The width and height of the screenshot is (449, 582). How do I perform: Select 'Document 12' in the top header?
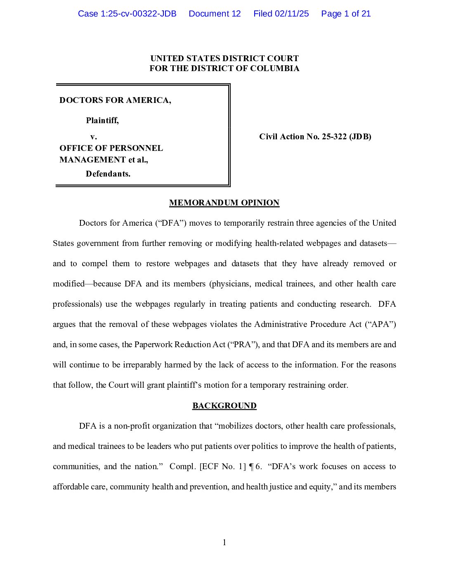(x=215, y=14)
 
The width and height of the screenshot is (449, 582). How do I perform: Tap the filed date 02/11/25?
(x=292, y=14)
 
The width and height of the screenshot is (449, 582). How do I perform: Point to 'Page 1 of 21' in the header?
(x=346, y=14)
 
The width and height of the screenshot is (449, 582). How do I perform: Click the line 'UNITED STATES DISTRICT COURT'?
(x=224, y=58)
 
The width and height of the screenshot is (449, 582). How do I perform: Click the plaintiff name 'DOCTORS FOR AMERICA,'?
(x=115, y=100)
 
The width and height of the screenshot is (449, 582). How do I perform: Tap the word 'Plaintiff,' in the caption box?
(x=102, y=120)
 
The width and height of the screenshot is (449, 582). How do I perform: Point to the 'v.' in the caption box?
(x=94, y=136)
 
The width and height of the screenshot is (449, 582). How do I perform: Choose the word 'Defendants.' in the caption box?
(x=108, y=174)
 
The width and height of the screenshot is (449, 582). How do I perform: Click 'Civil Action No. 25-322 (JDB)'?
(x=315, y=136)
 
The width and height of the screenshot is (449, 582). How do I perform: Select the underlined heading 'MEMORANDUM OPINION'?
(x=224, y=203)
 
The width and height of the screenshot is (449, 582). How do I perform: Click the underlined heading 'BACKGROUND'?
(x=224, y=405)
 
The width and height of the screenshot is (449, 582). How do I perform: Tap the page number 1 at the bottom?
(x=224, y=542)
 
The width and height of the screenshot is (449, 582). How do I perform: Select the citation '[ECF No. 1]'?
(x=223, y=466)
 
